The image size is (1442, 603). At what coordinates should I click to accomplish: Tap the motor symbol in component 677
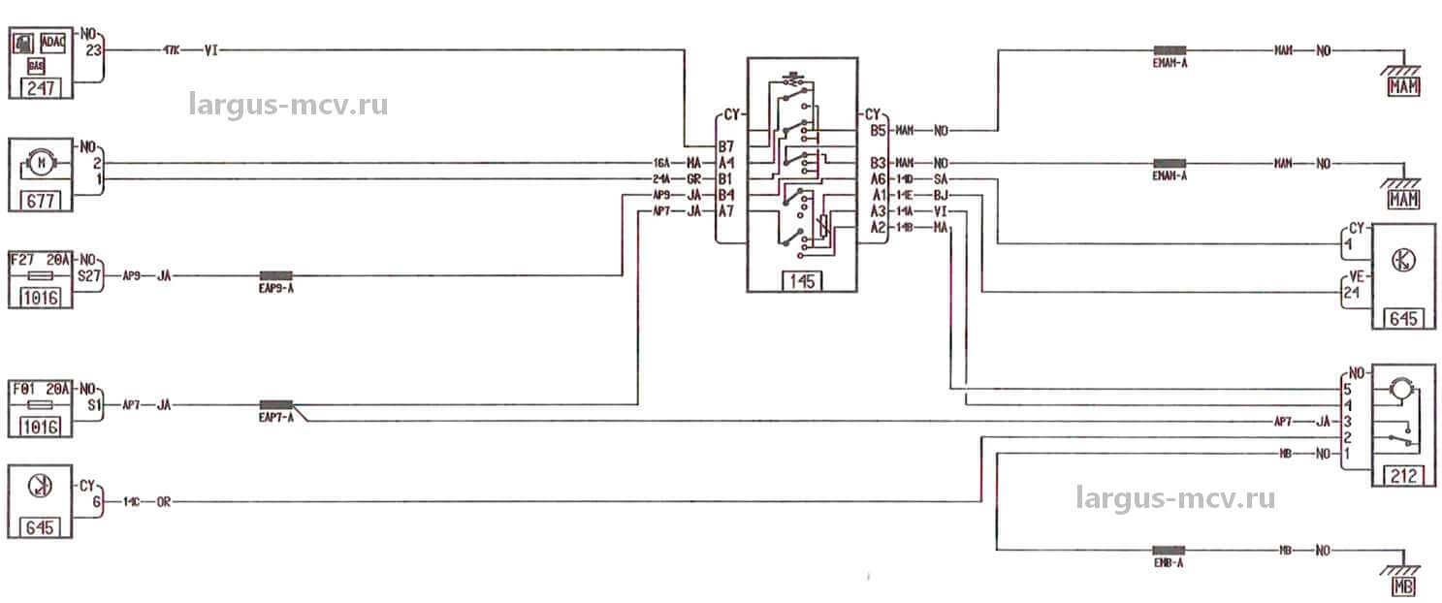(41, 163)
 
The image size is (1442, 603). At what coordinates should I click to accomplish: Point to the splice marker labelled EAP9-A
(275, 275)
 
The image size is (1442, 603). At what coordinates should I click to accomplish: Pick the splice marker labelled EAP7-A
(275, 405)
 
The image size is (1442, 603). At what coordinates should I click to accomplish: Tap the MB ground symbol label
(1401, 587)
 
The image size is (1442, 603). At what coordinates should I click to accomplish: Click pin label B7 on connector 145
(725, 146)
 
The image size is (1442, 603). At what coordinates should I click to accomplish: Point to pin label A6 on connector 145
(878, 178)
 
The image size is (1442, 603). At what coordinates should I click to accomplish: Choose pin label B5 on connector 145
(878, 130)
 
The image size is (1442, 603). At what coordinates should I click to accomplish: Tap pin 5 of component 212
(1347, 390)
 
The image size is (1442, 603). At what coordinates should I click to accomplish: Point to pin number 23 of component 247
(94, 50)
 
